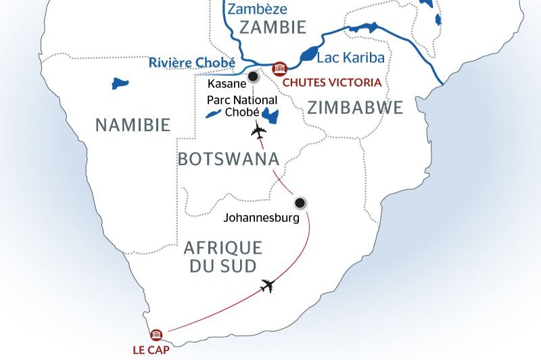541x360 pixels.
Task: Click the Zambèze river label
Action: (x=258, y=9)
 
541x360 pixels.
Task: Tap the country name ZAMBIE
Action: (x=269, y=28)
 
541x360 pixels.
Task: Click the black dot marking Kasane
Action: (x=253, y=76)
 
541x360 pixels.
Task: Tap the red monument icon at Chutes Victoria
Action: (x=279, y=69)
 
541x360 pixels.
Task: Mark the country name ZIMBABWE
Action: (x=354, y=108)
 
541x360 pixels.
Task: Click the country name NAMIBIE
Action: (x=132, y=125)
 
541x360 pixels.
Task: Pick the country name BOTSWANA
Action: (x=228, y=159)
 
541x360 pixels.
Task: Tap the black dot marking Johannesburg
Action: (x=300, y=202)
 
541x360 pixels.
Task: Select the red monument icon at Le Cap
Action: (x=157, y=334)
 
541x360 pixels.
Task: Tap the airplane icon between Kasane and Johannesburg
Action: (x=257, y=132)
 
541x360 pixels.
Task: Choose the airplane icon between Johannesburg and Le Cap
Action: (x=268, y=286)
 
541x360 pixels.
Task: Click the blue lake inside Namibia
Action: (x=120, y=85)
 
